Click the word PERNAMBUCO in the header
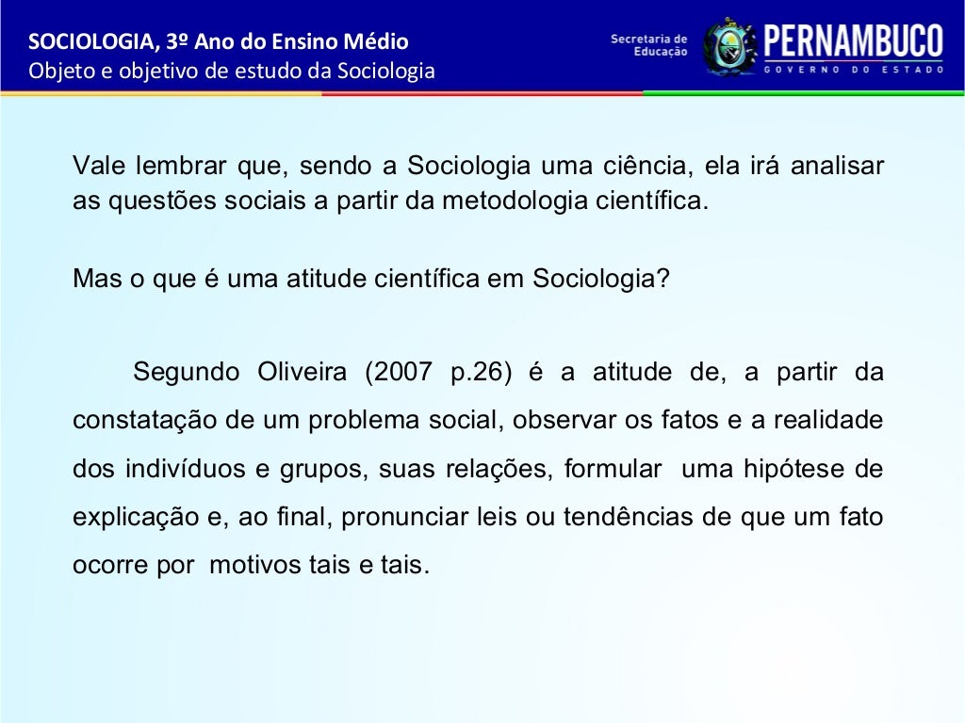coord(853,40)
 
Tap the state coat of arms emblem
coord(728,45)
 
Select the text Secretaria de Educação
coord(649,45)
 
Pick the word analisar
coord(837,167)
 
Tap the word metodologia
coord(507,201)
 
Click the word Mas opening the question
coord(92,280)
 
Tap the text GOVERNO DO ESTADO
coord(853,70)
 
